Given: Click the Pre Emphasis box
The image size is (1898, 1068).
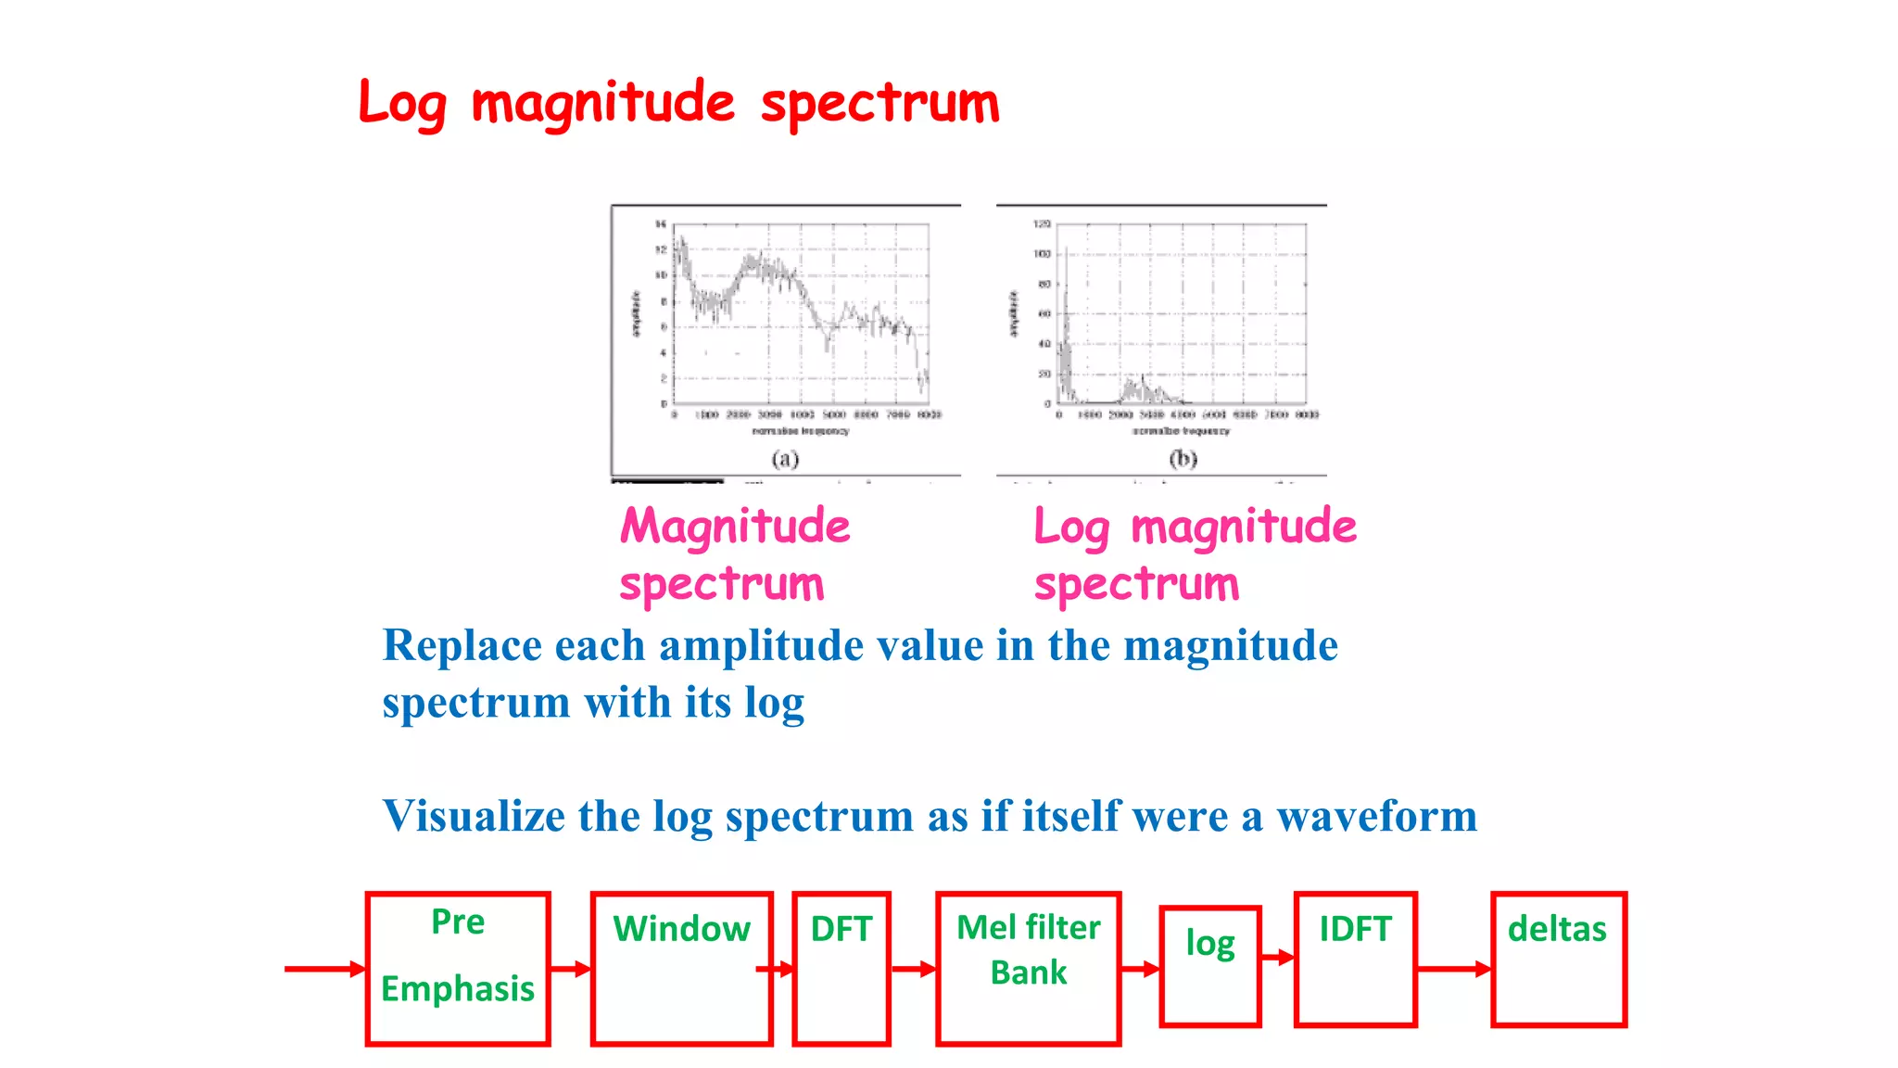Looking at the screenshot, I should pyautogui.click(x=458, y=969).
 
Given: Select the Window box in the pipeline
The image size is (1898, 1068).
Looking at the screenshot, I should pyautogui.click(x=681, y=969).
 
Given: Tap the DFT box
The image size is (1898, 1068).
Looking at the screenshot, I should pyautogui.click(x=841, y=969).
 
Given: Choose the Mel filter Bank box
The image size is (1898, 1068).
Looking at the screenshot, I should pyautogui.click(x=1028, y=969).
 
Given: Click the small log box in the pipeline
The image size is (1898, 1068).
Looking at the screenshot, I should pyautogui.click(x=1210, y=967).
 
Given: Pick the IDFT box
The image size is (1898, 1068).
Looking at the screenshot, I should pyautogui.click(x=1355, y=960).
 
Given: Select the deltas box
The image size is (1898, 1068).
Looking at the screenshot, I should pyautogui.click(x=1559, y=960).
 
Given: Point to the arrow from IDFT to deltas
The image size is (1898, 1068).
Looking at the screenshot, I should pyautogui.click(x=1454, y=969).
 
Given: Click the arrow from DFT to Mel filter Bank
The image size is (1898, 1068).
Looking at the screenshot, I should pyautogui.click(x=913, y=969).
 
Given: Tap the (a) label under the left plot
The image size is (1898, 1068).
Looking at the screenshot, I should pyautogui.click(x=785, y=459).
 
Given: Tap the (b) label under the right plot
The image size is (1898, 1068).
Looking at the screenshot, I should pyautogui.click(x=1183, y=459).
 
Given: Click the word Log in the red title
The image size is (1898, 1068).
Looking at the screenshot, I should pyautogui.click(x=402, y=104).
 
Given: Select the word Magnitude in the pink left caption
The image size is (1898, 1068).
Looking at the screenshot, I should pyautogui.click(x=735, y=526).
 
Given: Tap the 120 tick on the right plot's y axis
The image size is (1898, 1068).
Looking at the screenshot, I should pyautogui.click(x=1042, y=224).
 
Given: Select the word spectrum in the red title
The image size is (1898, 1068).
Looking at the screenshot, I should pyautogui.click(x=879, y=104).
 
